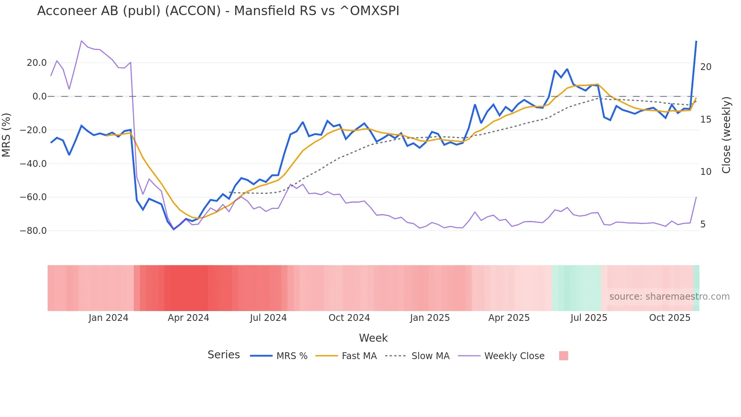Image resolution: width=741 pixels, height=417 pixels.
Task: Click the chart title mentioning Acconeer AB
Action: pyautogui.click(x=218, y=11)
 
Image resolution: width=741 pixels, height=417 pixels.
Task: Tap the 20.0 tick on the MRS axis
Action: pyautogui.click(x=37, y=63)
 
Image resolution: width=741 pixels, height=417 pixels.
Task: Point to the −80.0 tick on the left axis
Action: pyautogui.click(x=33, y=230)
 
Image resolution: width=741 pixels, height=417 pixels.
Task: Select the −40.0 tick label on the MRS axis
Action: pyautogui.click(x=33, y=164)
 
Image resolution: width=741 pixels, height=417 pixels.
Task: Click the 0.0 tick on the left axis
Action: pyautogui.click(x=39, y=96)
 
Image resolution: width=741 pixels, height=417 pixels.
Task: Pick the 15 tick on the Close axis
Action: pyautogui.click(x=705, y=120)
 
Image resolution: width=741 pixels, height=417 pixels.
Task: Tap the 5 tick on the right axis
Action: pyautogui.click(x=703, y=224)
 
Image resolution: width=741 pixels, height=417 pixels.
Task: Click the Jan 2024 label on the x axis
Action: pyautogui.click(x=109, y=318)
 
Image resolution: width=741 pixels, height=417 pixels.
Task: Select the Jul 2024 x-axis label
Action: pyautogui.click(x=268, y=318)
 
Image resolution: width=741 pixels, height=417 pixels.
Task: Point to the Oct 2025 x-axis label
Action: pyautogui.click(x=670, y=318)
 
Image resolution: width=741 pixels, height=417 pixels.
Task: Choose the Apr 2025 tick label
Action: pyautogui.click(x=509, y=318)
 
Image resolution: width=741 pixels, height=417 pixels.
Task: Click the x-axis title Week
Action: pyautogui.click(x=373, y=338)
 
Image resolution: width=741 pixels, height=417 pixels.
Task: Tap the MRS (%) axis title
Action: pyautogui.click(x=6, y=135)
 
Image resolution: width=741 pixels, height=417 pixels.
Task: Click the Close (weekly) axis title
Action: pyautogui.click(x=726, y=135)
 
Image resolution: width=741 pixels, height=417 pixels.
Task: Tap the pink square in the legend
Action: pyautogui.click(x=564, y=356)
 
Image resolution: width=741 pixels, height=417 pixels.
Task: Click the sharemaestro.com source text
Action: pyautogui.click(x=669, y=297)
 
